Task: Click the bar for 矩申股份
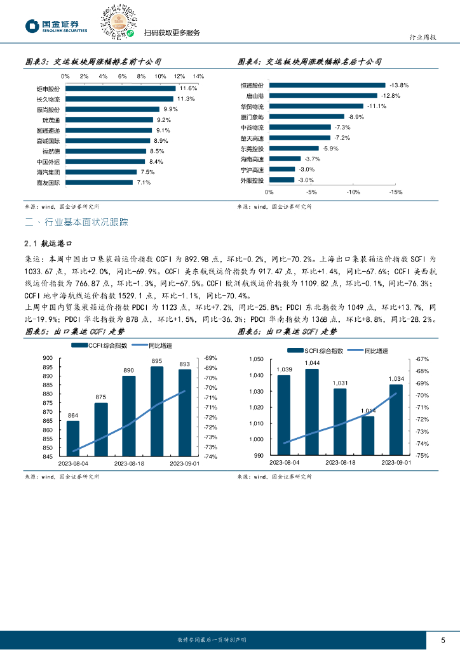pyautogui.click(x=121, y=88)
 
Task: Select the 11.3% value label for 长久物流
pyautogui.click(x=186, y=99)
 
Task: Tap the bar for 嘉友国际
pyautogui.click(x=99, y=183)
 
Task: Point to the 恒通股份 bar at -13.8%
pyautogui.click(x=327, y=84)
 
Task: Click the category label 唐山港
pyautogui.click(x=256, y=95)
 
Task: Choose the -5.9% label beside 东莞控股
pyautogui.click(x=330, y=148)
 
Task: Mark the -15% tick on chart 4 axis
pyautogui.click(x=395, y=192)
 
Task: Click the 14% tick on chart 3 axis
pyautogui.click(x=198, y=76)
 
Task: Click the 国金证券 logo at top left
pyautogui.click(x=57, y=25)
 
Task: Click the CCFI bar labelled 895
pyautogui.click(x=157, y=411)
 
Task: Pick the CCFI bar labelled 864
pyautogui.click(x=73, y=438)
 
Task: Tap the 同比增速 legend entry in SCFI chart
pyautogui.click(x=375, y=350)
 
